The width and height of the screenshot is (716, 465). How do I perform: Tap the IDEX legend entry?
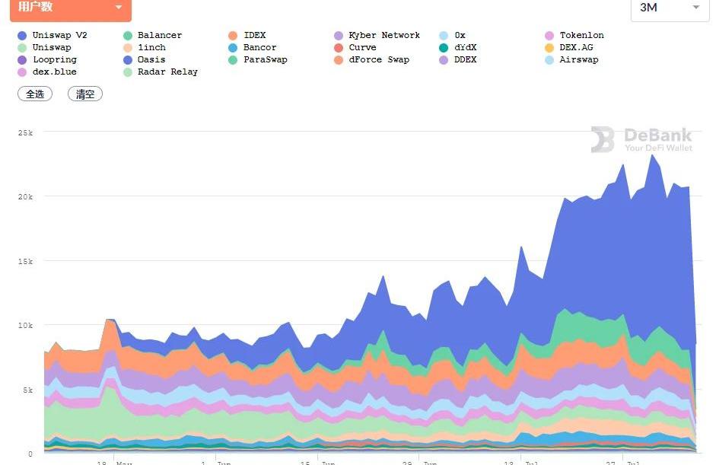[x=254, y=35]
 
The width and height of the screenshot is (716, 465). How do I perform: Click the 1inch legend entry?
[x=151, y=47]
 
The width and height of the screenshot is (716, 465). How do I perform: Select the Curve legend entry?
[x=362, y=47]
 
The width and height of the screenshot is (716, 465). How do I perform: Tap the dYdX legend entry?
[x=465, y=47]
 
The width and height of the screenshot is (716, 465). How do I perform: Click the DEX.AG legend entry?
[x=576, y=47]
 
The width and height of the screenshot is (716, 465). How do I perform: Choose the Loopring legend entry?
[x=54, y=59]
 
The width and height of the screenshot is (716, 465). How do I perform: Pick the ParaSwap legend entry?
[x=265, y=59]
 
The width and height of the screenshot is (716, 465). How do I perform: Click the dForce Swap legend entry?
[x=378, y=59]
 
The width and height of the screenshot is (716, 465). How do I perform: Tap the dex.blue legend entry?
[x=54, y=72]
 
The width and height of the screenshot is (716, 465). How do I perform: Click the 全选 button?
[x=35, y=94]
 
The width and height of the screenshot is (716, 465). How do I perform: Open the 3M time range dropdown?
[x=669, y=8]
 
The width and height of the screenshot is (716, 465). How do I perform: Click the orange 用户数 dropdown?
[x=70, y=8]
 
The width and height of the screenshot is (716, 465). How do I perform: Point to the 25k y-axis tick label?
[x=25, y=132]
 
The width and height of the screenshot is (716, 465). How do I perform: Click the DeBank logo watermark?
[x=641, y=140]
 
